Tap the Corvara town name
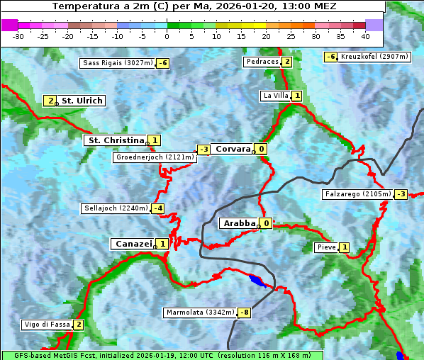coord(233,149)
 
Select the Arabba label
coord(238,223)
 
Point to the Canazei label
coord(133,244)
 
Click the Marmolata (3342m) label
coord(200,313)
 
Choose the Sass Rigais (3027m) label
coord(117,63)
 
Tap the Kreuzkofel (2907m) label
coord(374,57)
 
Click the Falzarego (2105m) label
coord(357,194)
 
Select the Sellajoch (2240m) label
coord(115,208)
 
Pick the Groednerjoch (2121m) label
coord(154,157)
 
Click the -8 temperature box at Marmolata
coord(245,313)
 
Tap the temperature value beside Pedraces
coord(286,62)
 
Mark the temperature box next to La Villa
coord(296,96)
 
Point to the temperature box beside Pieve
coord(344,247)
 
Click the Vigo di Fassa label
coord(47,325)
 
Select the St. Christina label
coord(115,140)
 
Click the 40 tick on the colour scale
coord(365,36)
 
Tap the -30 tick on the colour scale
coord(18,36)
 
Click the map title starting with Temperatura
coord(194,6)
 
